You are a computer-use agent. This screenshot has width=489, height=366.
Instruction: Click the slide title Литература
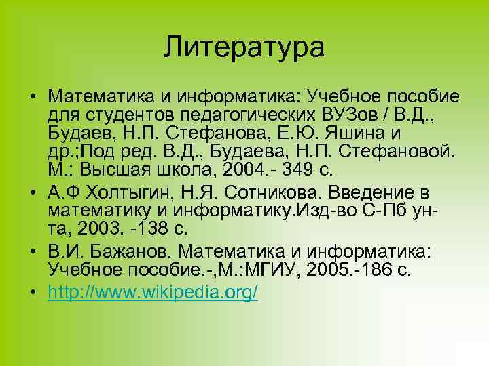244,48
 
